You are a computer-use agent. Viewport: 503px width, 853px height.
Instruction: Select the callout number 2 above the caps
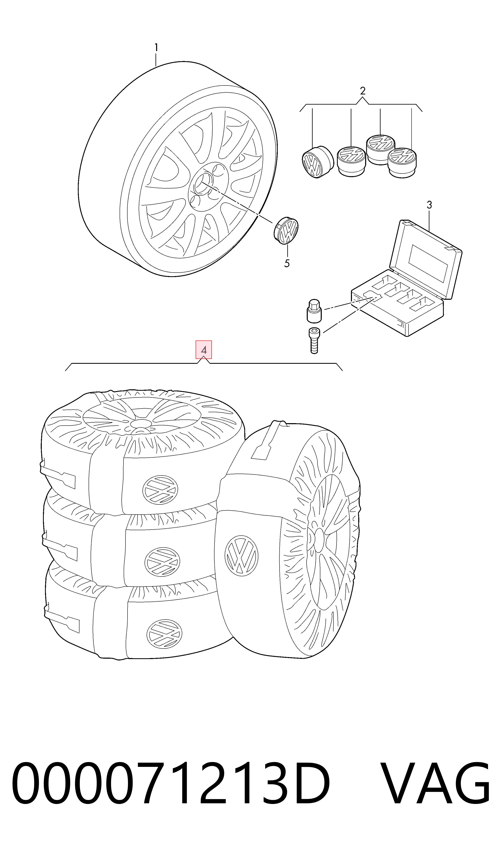pos(363,91)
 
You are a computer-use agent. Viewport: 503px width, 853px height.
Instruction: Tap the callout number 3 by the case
pos(429,205)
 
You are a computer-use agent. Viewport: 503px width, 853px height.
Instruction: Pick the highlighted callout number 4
pos(204,350)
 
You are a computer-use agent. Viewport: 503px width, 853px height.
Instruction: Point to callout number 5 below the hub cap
pos(287,263)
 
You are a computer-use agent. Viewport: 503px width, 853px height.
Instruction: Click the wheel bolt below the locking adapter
pos(314,341)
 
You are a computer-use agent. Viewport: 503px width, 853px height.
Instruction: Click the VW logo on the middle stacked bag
pos(162,562)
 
